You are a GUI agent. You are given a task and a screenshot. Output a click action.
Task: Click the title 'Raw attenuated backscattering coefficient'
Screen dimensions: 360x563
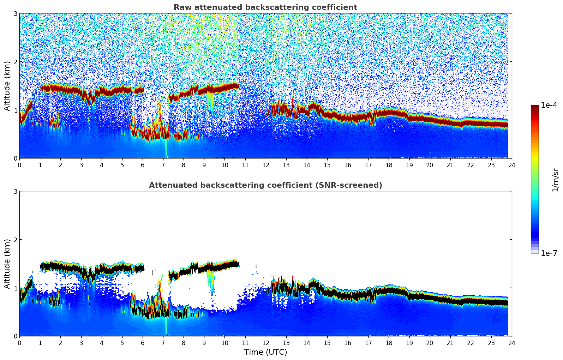(x=265, y=7)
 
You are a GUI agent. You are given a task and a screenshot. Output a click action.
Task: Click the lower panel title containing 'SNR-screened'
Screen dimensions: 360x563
(x=265, y=185)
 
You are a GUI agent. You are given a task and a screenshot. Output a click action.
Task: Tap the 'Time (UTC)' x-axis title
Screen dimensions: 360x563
(x=265, y=352)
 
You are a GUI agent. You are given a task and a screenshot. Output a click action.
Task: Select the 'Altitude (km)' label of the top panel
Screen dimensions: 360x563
(x=7, y=86)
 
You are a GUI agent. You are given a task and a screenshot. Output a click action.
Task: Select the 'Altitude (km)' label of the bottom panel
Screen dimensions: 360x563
(x=7, y=264)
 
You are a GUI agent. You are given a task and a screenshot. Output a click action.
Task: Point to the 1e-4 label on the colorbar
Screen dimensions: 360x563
(x=549, y=105)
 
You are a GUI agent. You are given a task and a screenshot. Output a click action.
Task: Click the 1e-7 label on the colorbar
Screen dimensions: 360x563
(x=549, y=253)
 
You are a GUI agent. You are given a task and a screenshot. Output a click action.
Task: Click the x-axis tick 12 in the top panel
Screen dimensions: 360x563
(x=265, y=165)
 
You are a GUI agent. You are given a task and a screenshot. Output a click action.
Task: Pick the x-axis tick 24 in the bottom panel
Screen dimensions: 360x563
(x=511, y=343)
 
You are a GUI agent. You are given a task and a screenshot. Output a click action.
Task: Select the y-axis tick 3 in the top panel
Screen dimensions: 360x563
(x=15, y=13)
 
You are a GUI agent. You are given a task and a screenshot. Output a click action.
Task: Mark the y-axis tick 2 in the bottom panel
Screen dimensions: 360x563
(x=15, y=240)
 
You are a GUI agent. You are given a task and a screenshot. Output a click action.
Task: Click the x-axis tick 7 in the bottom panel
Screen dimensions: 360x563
(x=163, y=343)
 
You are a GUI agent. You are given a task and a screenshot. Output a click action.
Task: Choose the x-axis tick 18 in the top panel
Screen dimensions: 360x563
(x=389, y=165)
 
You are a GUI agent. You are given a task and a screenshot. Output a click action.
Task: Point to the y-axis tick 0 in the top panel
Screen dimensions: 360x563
(x=15, y=158)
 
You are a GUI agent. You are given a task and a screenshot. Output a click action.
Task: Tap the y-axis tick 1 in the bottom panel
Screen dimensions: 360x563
(x=15, y=288)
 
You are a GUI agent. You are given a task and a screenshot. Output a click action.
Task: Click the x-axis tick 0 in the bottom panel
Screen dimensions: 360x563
(x=19, y=343)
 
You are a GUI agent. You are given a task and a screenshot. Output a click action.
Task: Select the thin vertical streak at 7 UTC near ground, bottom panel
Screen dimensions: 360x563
(x=166, y=328)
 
